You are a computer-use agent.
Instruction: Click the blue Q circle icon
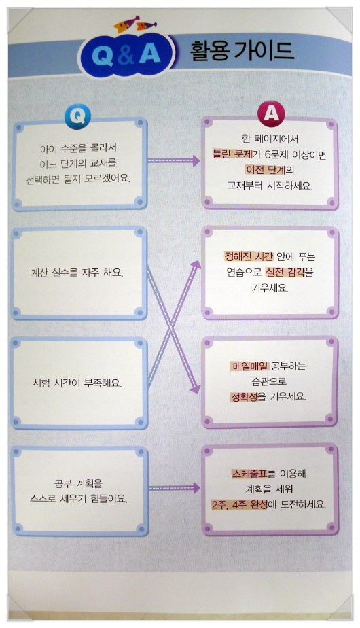click(x=77, y=116)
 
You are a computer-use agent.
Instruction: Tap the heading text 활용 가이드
click(x=242, y=52)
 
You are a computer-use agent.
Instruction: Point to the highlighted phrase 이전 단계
click(x=266, y=169)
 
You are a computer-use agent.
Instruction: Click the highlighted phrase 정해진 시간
click(x=249, y=256)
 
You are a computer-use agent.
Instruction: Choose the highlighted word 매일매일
click(x=250, y=365)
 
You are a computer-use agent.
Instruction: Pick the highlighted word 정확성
click(x=244, y=396)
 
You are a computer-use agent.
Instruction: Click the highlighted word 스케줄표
click(x=249, y=474)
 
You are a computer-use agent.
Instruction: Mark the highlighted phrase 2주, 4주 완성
click(x=240, y=504)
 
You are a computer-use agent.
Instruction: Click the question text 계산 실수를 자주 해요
click(x=77, y=273)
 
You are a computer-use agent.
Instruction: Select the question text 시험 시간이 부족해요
click(x=77, y=383)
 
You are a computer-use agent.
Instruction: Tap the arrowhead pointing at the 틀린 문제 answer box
click(x=196, y=160)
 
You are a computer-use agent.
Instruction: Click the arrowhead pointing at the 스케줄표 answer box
click(x=196, y=487)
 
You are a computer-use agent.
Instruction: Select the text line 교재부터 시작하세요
click(x=269, y=186)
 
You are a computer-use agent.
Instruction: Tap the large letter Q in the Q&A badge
click(x=103, y=55)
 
